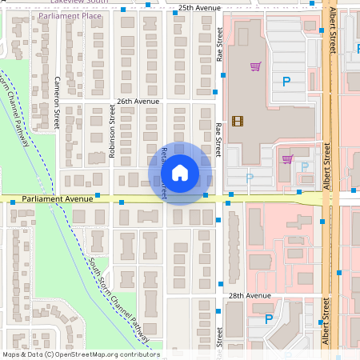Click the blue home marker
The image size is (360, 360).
click(x=180, y=173)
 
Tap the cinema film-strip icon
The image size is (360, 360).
click(x=237, y=122)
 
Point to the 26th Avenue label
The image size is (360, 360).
click(x=138, y=102)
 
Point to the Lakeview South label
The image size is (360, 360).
click(x=78, y=2)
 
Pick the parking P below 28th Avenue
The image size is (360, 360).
click(x=269, y=318)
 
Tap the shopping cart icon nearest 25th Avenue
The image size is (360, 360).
click(x=255, y=66)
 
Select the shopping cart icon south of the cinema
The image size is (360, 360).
click(x=287, y=158)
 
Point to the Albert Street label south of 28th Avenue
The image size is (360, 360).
click(x=326, y=322)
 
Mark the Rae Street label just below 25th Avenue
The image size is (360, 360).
click(x=219, y=44)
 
